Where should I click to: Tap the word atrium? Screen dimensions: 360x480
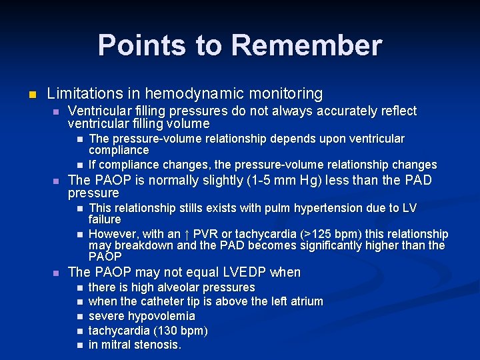(x=306, y=301)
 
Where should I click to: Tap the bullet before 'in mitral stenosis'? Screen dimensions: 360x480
(x=79, y=345)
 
